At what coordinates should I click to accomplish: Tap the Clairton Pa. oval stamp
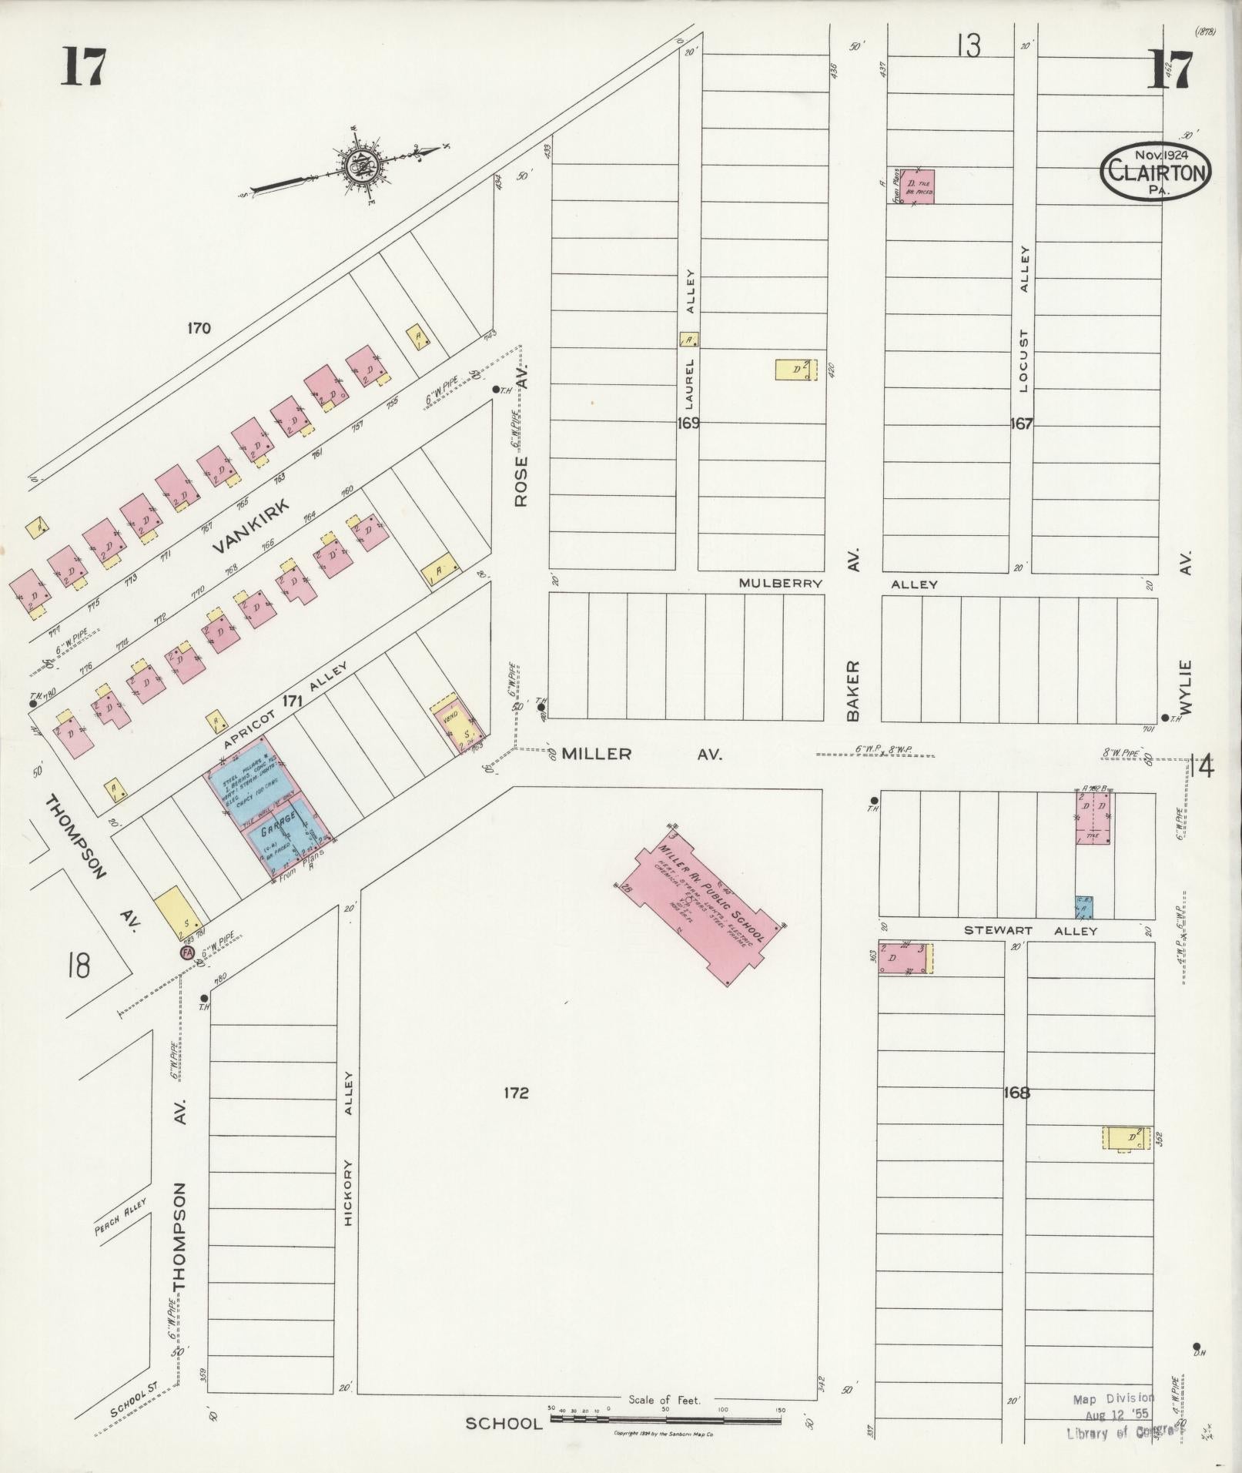(1156, 172)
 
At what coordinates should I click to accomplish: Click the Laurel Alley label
(691, 339)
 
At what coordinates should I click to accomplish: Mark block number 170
(199, 329)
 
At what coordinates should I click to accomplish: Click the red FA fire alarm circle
(186, 952)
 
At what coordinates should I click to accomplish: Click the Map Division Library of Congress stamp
(1113, 1415)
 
